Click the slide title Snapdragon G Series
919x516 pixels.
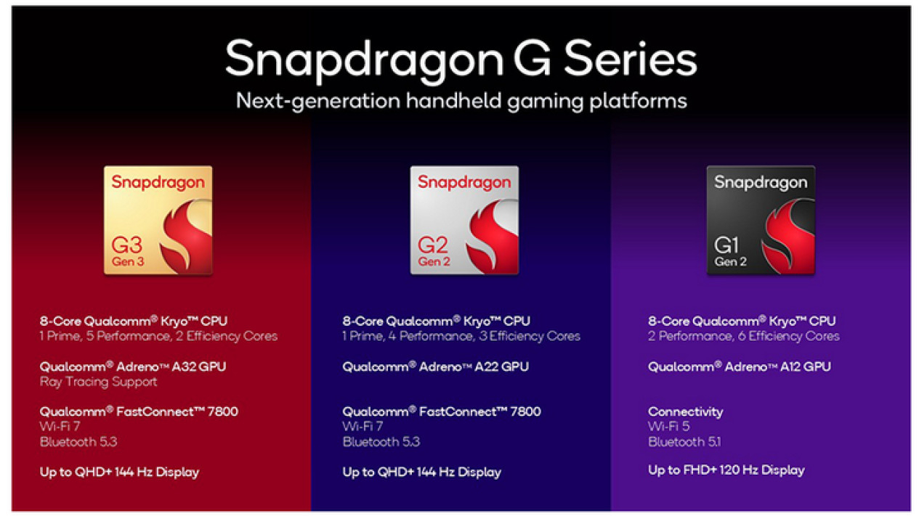[x=461, y=60]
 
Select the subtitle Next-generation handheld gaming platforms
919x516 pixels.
[x=461, y=101]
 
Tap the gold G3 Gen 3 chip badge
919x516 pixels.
[x=158, y=220]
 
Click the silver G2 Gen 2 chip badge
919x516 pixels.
[x=464, y=220]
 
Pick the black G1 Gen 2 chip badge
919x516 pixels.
[x=761, y=220]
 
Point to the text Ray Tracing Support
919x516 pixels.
[x=99, y=382]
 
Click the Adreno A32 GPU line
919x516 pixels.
[x=133, y=366]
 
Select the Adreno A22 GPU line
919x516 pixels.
[x=435, y=366]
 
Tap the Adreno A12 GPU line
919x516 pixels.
[x=740, y=366]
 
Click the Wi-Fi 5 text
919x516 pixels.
[x=669, y=426]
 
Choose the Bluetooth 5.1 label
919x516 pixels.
[x=684, y=442]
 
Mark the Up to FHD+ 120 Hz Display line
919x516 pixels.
[x=726, y=470]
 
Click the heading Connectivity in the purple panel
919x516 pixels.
[x=686, y=411]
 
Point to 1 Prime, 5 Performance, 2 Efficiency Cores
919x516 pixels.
[x=158, y=337]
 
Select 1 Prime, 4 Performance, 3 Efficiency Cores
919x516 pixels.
[x=461, y=337]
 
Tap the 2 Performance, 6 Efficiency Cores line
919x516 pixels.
[x=744, y=337]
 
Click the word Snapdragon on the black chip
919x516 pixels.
[x=761, y=182]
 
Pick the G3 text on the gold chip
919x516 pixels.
[x=126, y=245]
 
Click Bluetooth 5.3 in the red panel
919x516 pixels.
[x=78, y=442]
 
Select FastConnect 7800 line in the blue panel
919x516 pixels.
[x=442, y=411]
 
